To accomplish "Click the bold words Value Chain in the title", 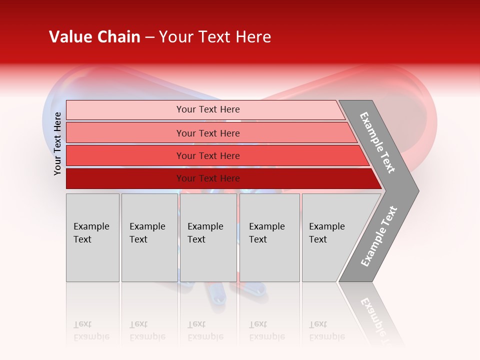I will (94, 37).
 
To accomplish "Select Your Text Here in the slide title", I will (215, 37).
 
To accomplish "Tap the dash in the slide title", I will (149, 37).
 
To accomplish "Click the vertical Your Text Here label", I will (57, 143).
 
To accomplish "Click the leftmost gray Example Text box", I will (92, 237).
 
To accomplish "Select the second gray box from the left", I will (149, 237).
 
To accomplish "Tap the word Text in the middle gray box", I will (196, 239).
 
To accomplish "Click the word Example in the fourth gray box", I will (266, 226).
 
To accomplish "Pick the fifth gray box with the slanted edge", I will (332, 237).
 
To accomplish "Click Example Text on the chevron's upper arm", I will (377, 142).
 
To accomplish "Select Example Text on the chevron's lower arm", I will (379, 236).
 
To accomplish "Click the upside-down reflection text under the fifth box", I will (326, 330).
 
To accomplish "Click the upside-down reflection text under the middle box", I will (205, 330).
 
